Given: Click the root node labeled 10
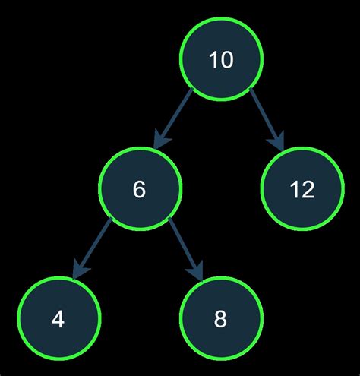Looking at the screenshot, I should [x=221, y=60].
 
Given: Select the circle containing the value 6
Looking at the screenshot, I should [x=140, y=189].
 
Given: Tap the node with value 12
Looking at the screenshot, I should [x=302, y=189].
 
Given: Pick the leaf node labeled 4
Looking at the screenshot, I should [x=58, y=318].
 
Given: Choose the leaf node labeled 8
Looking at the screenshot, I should [x=221, y=318].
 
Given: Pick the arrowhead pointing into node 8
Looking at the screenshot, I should [x=197, y=270].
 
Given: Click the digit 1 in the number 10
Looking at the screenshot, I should [x=213, y=60].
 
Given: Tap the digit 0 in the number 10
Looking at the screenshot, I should [x=226, y=60].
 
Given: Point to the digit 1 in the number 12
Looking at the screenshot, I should [x=294, y=189].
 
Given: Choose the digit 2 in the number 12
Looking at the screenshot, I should [x=308, y=189].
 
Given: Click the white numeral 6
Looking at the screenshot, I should [x=140, y=189].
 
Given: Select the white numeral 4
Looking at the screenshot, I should [x=58, y=318].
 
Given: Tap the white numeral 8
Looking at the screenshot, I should [x=221, y=318].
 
